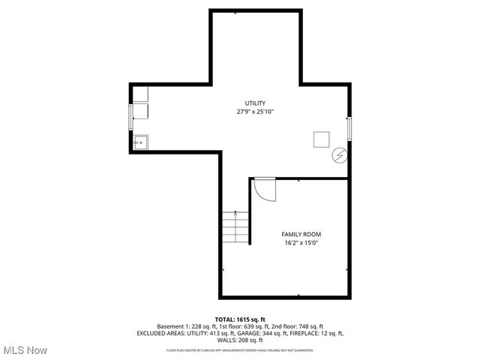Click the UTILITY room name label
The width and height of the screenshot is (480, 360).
pos(255,103)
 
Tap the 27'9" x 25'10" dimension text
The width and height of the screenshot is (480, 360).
pos(255,112)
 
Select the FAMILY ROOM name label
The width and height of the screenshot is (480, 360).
pos(301,234)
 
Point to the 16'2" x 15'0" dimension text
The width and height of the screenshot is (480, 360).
pos(301,243)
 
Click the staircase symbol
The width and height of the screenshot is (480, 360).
pos(235,226)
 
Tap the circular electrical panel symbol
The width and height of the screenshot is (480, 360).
pos(340,154)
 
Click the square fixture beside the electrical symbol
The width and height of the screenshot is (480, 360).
pos(322,139)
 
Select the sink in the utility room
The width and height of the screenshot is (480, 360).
pos(140,141)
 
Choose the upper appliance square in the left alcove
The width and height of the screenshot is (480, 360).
pos(141,94)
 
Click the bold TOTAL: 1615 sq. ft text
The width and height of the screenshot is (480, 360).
pos(240,319)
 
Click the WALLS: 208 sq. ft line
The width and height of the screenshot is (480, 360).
pos(240,340)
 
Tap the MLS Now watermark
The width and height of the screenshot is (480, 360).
pos(25,350)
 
